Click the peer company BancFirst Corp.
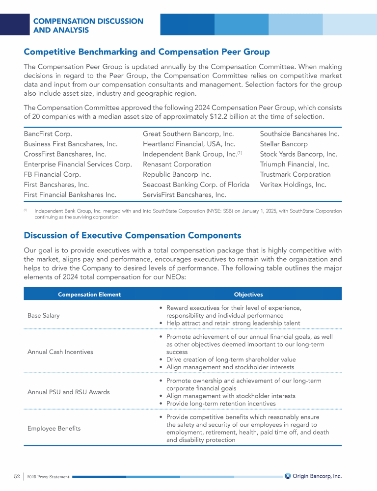(x=48, y=134)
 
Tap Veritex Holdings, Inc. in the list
(x=293, y=185)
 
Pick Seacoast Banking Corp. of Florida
(x=196, y=185)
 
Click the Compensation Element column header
(x=89, y=295)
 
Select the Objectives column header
(x=248, y=295)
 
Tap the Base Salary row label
(x=44, y=316)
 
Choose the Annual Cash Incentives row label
(x=60, y=352)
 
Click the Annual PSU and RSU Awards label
(x=69, y=392)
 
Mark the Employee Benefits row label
(x=54, y=429)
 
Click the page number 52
(x=17, y=476)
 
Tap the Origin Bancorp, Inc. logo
(x=313, y=476)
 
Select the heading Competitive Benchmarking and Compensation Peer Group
(x=147, y=52)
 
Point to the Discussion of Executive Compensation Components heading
(x=133, y=235)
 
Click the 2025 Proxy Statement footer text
(x=49, y=477)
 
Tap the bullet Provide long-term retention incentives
(x=221, y=404)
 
